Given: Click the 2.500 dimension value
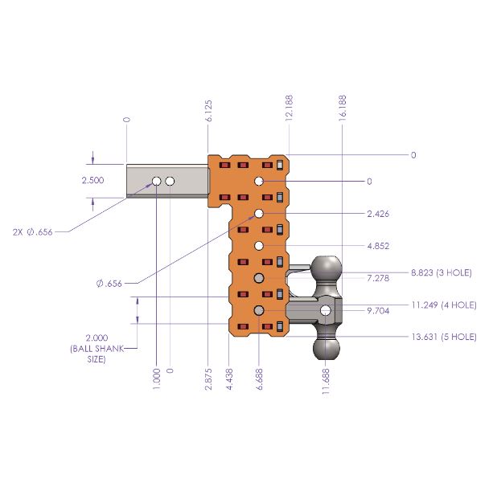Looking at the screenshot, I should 92,181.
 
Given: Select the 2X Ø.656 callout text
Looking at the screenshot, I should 33,231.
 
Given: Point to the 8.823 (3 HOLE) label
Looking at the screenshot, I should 440,273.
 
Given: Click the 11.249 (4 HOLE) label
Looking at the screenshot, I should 444,305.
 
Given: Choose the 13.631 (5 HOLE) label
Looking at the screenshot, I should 444,336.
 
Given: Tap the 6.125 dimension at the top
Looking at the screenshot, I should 209,109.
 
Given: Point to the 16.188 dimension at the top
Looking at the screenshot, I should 343,108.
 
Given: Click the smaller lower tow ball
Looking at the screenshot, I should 327,346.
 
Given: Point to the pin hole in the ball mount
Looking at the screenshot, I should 325,310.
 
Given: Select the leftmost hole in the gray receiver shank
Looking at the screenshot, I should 157,182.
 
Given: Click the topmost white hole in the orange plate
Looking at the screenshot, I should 260,182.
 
